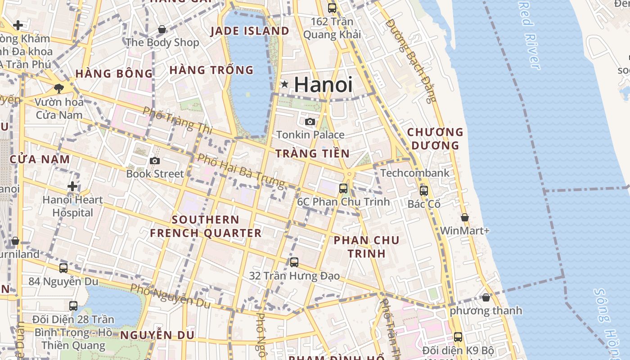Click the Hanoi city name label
pos(323,84)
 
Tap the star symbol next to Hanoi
pos(284,84)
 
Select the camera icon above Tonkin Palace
pos(310,121)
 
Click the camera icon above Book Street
pos(155,161)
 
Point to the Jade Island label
pos(249,31)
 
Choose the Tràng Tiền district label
pos(312,153)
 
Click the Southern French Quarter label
pos(206,226)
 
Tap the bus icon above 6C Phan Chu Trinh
pos(343,188)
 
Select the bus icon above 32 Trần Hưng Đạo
pos(294,262)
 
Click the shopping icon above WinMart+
pos(465,217)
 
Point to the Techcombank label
pos(414,173)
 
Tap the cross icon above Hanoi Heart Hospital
pos(72,186)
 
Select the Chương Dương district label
pos(435,139)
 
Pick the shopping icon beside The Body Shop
pos(162,30)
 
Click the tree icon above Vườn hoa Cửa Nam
pos(58,88)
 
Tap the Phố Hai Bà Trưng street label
pos(241,171)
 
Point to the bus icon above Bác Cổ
pos(424,190)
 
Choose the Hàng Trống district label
pos(211,70)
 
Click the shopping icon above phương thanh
pos(486,297)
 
